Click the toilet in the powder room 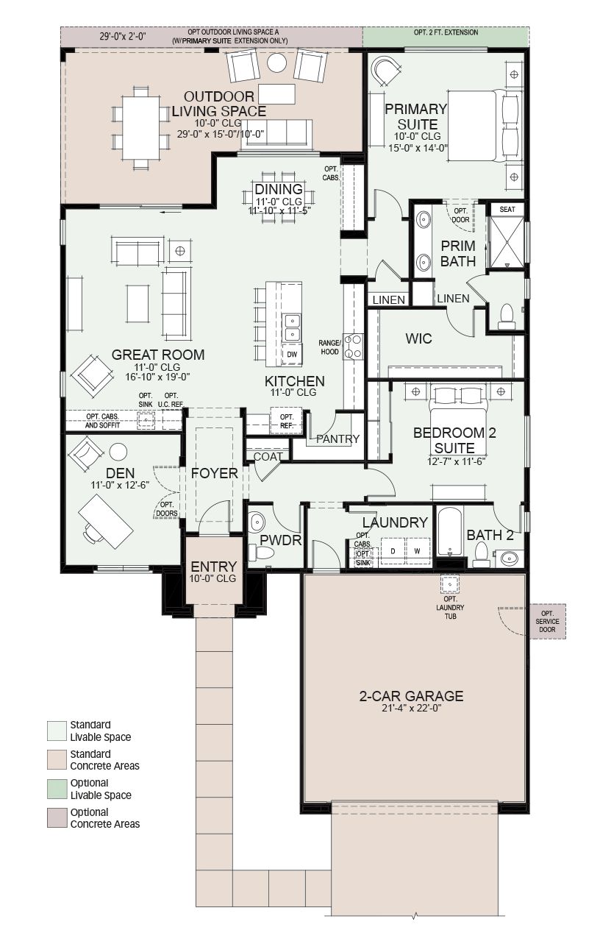pyautogui.click(x=261, y=552)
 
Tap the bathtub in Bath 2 pyautogui.click(x=450, y=531)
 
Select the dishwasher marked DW pyautogui.click(x=292, y=355)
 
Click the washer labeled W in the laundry pyautogui.click(x=418, y=551)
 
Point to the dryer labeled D pyautogui.click(x=393, y=551)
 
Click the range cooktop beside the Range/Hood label pyautogui.click(x=353, y=346)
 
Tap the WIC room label pyautogui.click(x=418, y=338)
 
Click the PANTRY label pyautogui.click(x=337, y=439)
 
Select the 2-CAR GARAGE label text pyautogui.click(x=411, y=695)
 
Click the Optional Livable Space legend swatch pyautogui.click(x=57, y=789)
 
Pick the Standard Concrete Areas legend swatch pyautogui.click(x=57, y=759)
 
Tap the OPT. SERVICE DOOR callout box pyautogui.click(x=547, y=622)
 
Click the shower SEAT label pyautogui.click(x=507, y=209)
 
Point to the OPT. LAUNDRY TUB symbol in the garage pyautogui.click(x=450, y=583)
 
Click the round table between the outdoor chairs pyautogui.click(x=276, y=63)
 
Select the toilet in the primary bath pyautogui.click(x=506, y=317)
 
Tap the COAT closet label pyautogui.click(x=268, y=456)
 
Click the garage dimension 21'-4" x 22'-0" pyautogui.click(x=411, y=708)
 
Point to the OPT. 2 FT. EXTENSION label pyautogui.click(x=446, y=32)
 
